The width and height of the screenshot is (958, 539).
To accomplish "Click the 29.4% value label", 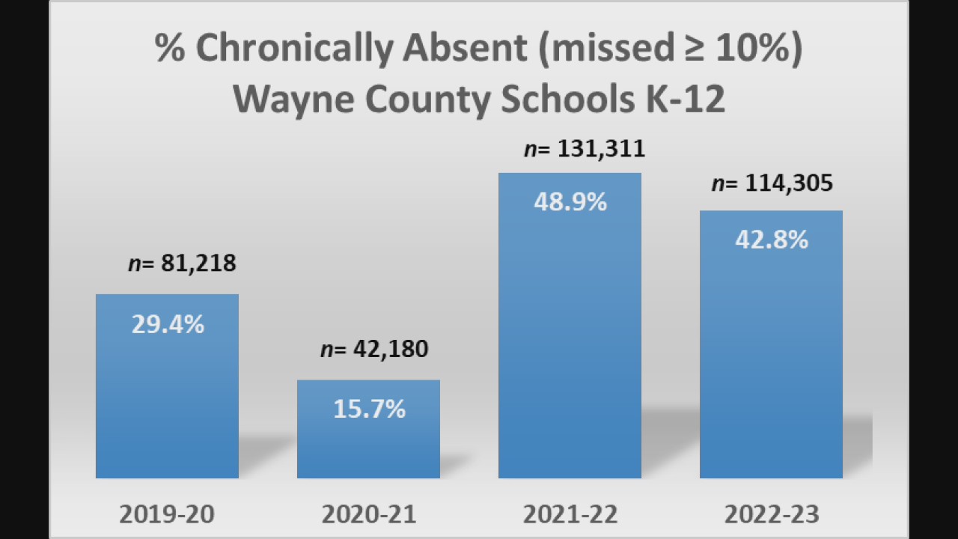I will point(168,324).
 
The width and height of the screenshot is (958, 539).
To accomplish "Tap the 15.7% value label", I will point(369,409).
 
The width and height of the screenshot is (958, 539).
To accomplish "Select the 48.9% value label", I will point(570,202).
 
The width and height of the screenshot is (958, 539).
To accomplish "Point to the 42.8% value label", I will point(772,240).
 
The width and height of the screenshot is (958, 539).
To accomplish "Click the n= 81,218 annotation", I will point(182,264).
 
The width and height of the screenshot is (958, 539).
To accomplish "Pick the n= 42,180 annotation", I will point(374,349).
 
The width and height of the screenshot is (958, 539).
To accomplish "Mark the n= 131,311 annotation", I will point(584,149).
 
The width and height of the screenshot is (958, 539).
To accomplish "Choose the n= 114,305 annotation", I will point(772,183).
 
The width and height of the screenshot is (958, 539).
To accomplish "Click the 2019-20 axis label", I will point(167,514).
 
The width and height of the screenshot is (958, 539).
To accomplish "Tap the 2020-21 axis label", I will point(369,514).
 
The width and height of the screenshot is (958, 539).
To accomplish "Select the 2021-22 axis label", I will point(570,514).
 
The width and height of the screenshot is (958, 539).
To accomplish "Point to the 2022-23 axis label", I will point(772,514).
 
